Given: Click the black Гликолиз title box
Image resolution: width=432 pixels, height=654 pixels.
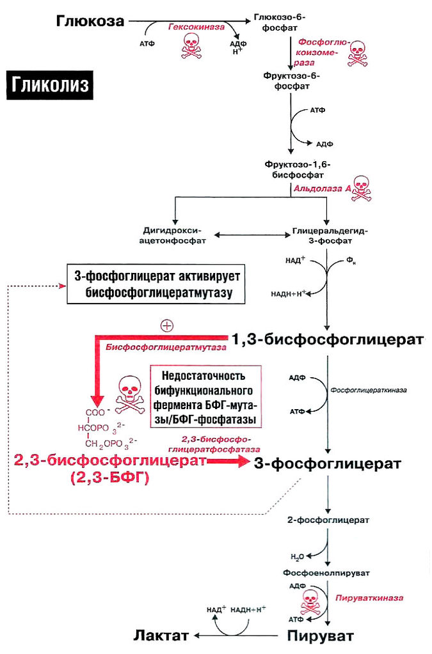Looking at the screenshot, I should point(50,84).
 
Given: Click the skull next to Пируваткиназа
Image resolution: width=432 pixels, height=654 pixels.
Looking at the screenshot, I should point(312,599).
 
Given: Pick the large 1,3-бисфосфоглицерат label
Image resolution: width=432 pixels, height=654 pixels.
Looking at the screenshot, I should point(328,339).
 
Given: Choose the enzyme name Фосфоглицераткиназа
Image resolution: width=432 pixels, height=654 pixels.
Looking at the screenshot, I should point(369,389).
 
